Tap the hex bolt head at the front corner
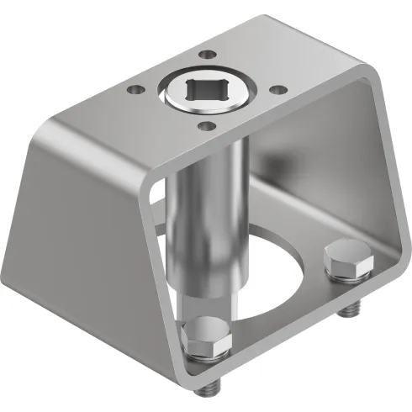206,336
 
